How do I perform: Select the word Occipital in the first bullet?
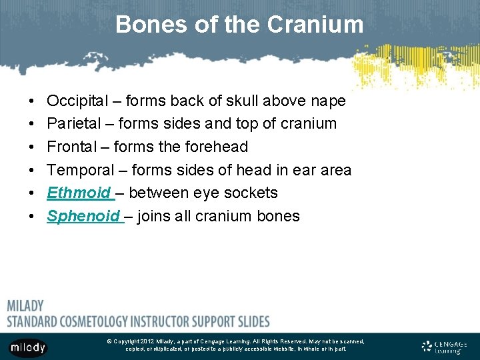77,101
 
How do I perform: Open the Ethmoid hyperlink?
78,193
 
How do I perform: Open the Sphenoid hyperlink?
83,216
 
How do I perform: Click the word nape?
327,101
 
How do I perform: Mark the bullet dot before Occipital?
33,101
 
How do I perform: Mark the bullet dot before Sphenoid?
33,217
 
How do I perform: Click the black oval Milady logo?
28,347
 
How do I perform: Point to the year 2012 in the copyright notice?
147,341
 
